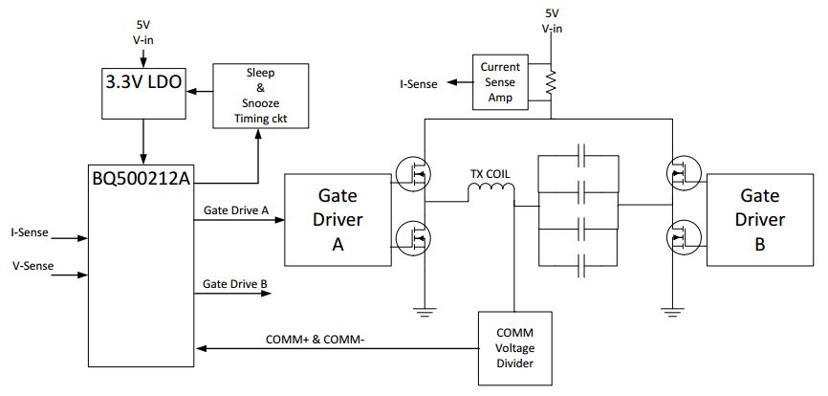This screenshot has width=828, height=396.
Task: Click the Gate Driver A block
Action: [339, 219]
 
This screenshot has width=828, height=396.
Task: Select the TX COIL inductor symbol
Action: [490, 194]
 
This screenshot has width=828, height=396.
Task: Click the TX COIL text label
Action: [490, 174]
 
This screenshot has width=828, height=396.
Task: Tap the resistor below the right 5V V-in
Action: [551, 84]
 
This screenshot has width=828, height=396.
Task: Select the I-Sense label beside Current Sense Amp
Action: [419, 84]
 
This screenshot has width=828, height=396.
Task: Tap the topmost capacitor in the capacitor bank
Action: [580, 154]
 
